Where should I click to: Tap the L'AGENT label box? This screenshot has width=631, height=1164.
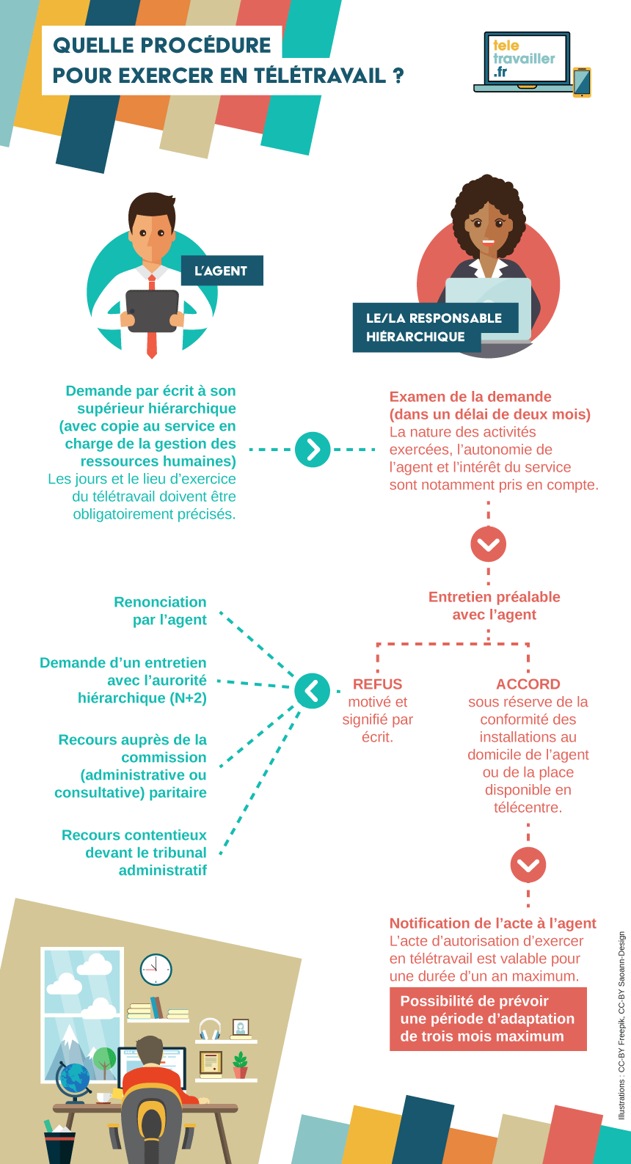(222, 271)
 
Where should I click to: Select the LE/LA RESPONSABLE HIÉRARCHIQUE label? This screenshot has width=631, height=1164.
(434, 327)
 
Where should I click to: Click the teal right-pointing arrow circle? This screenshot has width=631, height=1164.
(313, 450)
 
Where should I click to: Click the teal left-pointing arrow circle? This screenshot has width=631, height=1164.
(312, 691)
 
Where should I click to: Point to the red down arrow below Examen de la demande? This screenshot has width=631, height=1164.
(489, 544)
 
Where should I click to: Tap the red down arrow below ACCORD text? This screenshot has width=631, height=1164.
(528, 865)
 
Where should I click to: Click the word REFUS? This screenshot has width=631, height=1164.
(377, 684)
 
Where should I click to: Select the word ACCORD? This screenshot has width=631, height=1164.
(528, 684)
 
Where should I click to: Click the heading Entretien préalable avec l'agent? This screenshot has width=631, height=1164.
(494, 606)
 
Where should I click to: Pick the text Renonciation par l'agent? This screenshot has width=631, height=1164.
(161, 611)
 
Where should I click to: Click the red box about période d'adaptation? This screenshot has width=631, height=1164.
(488, 1019)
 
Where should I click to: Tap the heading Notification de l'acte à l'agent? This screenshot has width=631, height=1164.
(492, 923)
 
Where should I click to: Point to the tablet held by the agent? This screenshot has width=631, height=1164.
(153, 311)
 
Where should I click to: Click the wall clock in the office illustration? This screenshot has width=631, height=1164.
(156, 970)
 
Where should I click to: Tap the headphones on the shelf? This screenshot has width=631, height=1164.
(210, 1029)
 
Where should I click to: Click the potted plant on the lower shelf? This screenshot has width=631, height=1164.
(240, 1065)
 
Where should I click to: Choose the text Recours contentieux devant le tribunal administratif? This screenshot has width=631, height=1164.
(135, 853)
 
